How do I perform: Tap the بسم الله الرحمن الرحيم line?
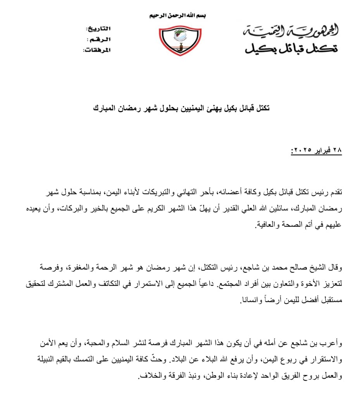pos(178,16)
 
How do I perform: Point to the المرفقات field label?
pos(96,50)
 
